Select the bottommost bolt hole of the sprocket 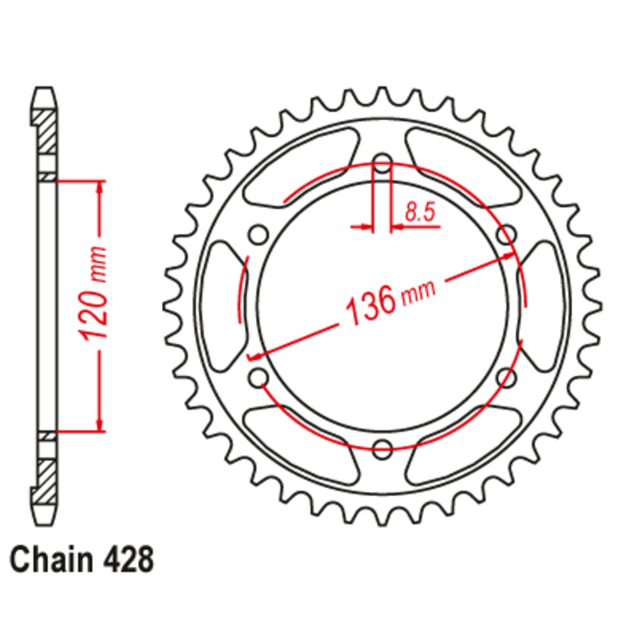382,448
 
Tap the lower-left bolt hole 259,377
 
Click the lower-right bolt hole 506,377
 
